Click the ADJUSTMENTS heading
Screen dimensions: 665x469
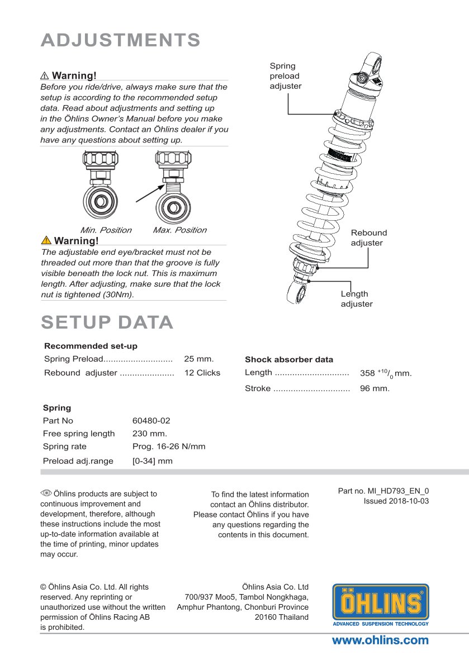(121, 40)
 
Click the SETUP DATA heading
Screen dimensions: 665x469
(107, 322)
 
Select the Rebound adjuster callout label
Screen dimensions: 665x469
(368, 237)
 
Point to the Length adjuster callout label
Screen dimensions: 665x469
(357, 299)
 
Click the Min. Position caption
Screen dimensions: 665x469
(106, 230)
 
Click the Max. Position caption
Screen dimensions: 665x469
(179, 230)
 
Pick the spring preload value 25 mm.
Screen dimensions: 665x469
(198, 359)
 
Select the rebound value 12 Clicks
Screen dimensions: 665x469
(202, 373)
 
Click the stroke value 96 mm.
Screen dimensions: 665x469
(375, 388)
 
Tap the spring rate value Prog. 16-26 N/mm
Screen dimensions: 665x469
(169, 446)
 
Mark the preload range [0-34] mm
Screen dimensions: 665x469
(153, 461)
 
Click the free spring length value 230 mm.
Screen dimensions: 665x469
(150, 433)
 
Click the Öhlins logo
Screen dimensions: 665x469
(381, 605)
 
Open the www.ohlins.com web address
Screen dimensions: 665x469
(380, 640)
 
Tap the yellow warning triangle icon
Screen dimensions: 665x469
(46, 241)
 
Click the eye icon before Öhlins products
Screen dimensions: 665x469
(46, 493)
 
